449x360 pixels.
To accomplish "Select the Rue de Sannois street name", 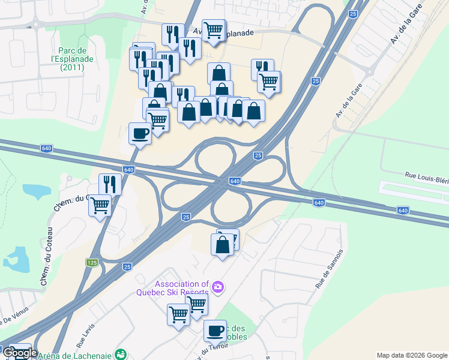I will [328, 269].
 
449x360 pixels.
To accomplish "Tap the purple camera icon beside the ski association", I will [217, 287].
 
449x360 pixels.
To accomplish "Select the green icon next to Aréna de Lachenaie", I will [121, 354].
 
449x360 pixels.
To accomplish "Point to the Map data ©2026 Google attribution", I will [412, 355].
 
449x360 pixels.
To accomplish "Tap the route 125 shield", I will [92, 262].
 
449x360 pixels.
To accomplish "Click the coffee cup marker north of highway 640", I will [140, 133].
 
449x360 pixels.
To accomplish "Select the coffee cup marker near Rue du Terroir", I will [215, 330].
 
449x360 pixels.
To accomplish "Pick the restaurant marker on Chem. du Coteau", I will [110, 184].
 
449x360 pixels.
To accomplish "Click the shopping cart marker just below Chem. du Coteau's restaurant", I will [100, 205].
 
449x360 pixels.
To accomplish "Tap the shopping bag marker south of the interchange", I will [222, 245].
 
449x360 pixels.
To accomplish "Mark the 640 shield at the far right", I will [403, 211].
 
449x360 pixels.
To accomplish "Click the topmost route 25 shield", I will [352, 13].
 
